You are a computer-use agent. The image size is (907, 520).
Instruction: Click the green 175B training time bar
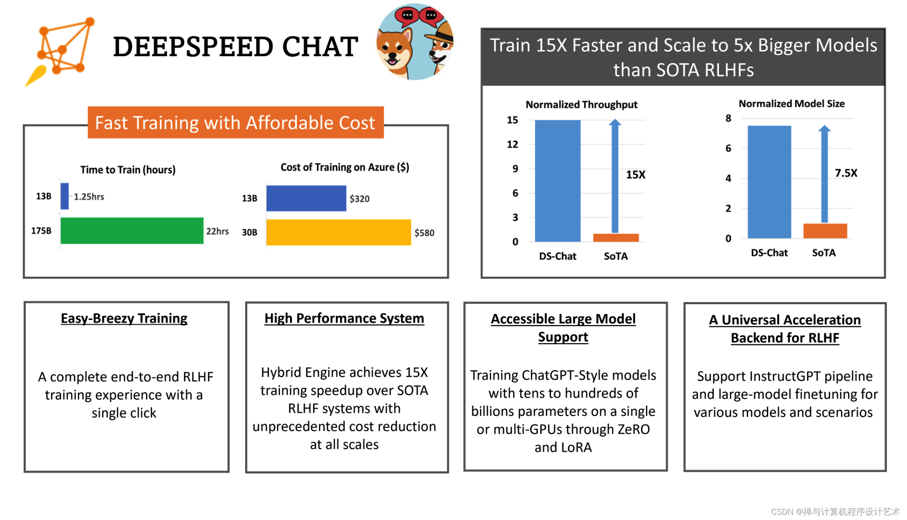[x=132, y=230]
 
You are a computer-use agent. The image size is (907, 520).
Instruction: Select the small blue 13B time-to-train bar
[x=65, y=196]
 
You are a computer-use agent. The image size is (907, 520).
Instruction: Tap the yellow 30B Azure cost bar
[x=338, y=232]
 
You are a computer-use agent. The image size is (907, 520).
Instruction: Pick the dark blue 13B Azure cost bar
[x=306, y=198]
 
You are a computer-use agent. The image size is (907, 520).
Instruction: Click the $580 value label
[x=424, y=233]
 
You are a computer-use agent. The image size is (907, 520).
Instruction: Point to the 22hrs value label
[x=217, y=231]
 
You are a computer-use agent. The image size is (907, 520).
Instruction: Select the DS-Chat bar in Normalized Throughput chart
[x=557, y=181]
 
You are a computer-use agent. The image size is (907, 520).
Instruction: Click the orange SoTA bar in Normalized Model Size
[x=825, y=231]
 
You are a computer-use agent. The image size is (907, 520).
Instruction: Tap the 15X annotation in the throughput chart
[x=635, y=175]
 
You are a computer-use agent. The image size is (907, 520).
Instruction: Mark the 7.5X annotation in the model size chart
[x=846, y=173]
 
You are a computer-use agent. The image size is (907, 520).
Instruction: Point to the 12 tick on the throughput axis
[x=512, y=144]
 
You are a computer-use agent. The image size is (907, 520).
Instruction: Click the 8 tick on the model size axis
[x=728, y=118]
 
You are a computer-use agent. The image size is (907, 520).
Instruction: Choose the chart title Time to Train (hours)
[x=128, y=170]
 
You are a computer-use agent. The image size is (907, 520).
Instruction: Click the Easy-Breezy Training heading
[x=124, y=318]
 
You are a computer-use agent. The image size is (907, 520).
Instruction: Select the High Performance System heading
[x=344, y=318]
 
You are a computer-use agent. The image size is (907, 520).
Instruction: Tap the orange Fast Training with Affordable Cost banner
[x=236, y=122]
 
